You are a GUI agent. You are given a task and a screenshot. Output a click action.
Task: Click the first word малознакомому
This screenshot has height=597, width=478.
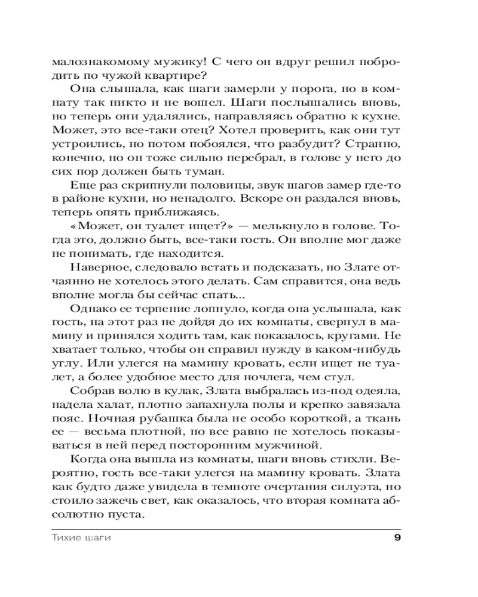88,62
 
